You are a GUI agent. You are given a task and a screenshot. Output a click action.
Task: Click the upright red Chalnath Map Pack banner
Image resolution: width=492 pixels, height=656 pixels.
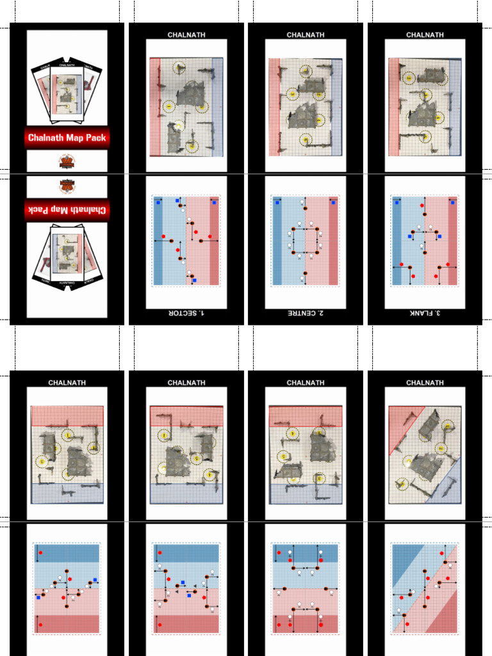click(x=67, y=137)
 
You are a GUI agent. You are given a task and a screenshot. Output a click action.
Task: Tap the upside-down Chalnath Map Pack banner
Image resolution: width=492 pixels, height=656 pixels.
click(x=67, y=209)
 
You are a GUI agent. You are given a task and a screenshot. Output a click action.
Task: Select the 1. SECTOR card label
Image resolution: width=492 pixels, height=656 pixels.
click(x=186, y=313)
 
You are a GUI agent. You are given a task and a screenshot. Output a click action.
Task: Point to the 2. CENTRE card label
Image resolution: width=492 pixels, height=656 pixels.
click(x=306, y=313)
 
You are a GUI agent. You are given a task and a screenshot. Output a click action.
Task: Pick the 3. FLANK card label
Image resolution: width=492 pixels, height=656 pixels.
click(x=425, y=313)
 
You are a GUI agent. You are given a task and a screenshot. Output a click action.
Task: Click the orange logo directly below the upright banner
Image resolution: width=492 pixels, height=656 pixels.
click(x=67, y=161)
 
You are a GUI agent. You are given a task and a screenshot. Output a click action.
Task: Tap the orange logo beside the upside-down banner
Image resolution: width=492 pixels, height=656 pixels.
click(x=67, y=186)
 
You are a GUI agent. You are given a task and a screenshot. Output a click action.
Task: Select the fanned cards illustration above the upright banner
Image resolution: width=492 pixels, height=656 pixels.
click(x=67, y=92)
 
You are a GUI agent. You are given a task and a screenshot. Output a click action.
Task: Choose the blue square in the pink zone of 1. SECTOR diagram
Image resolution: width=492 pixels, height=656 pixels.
click(x=195, y=281)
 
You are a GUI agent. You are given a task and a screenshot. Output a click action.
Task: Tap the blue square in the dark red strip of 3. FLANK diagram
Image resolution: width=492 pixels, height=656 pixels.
click(x=453, y=202)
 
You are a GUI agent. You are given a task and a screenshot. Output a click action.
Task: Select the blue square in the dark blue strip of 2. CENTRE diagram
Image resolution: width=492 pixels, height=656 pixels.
click(x=277, y=202)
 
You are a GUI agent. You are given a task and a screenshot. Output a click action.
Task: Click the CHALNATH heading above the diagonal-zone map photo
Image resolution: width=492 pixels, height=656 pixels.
click(x=425, y=382)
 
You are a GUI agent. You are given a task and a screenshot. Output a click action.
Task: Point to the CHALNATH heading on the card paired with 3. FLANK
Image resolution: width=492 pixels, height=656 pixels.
click(x=425, y=35)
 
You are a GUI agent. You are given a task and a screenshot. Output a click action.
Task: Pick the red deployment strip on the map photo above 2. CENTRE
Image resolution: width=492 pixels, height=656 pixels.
click(x=274, y=107)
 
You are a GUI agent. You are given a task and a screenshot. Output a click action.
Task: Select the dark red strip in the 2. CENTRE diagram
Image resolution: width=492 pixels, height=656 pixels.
click(x=333, y=240)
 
